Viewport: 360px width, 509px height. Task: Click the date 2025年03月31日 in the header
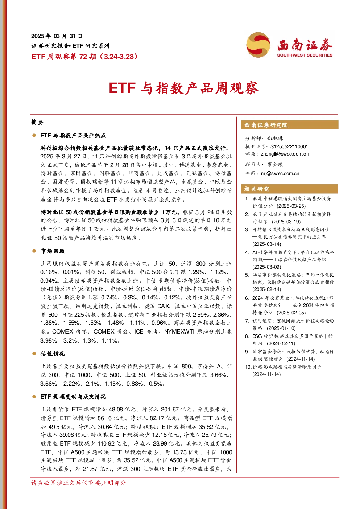[57, 36]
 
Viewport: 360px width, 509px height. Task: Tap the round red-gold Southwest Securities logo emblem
[258, 45]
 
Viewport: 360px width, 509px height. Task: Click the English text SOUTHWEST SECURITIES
[305, 55]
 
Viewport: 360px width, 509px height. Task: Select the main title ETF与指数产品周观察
[184, 88]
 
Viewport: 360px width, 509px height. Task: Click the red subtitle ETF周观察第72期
[64, 56]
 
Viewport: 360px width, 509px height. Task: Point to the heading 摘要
[37, 122]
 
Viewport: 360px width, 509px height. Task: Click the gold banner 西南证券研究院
[290, 125]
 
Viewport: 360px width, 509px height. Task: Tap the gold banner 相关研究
[290, 189]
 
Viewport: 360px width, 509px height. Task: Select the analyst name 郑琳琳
[275, 138]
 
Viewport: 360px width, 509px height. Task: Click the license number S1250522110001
[289, 146]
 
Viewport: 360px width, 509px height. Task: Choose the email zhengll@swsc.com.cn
[285, 154]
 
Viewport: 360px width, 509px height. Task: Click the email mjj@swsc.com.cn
[280, 173]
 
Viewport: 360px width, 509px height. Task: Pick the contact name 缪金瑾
[275, 164]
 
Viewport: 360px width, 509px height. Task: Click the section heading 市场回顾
[53, 251]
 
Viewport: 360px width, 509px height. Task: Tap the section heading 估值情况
[53, 353]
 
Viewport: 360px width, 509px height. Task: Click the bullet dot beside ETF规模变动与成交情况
[34, 397]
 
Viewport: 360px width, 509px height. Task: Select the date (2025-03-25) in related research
[291, 206]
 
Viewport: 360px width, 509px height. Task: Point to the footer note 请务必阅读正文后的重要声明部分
[78, 483]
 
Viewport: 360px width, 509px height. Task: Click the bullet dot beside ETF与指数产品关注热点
[34, 136]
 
